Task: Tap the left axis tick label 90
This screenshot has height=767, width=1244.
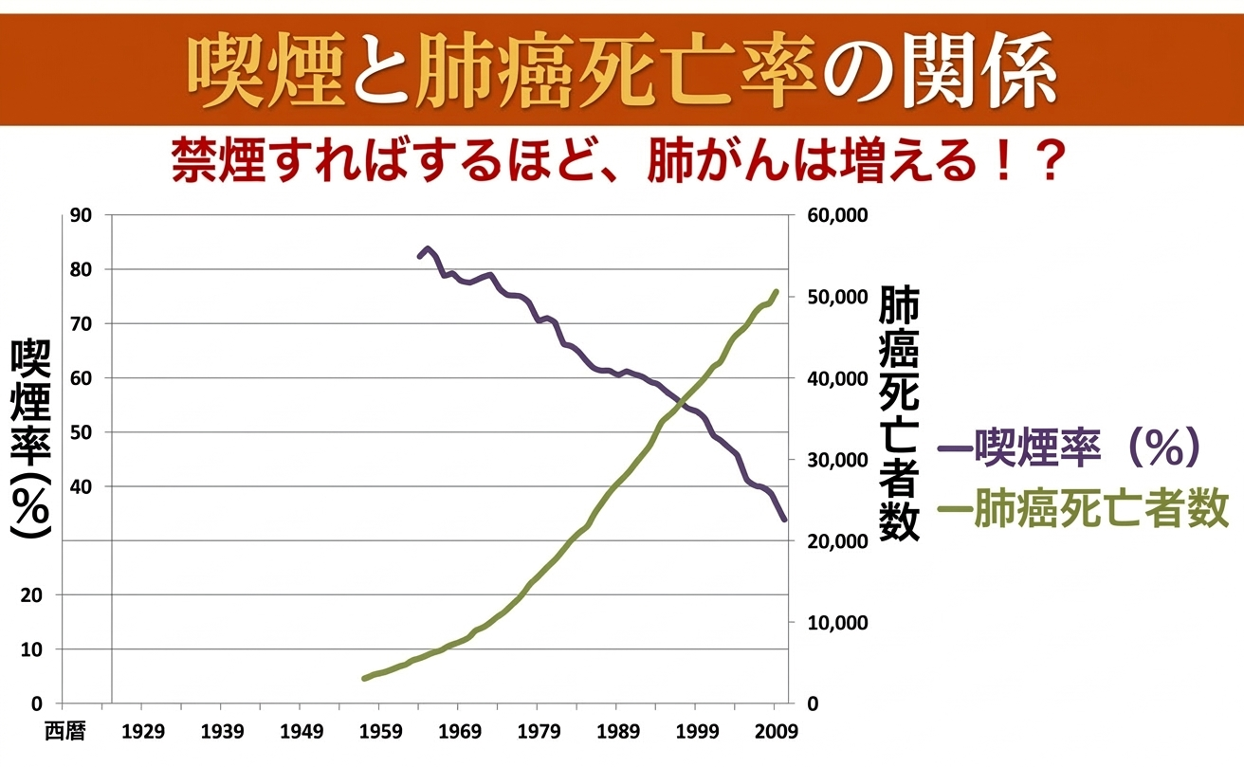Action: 82,215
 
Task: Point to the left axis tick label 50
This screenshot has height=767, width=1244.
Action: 82,432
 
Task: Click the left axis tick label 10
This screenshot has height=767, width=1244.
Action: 82,649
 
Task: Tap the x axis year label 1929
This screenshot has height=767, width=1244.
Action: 141,731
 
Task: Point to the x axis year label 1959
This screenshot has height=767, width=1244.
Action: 378,731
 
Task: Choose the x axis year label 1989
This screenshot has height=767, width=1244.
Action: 615,731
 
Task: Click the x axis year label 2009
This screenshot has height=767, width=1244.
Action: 775,731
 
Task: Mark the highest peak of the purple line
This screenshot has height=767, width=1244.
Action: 428,249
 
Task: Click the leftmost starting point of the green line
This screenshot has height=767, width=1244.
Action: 364,679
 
